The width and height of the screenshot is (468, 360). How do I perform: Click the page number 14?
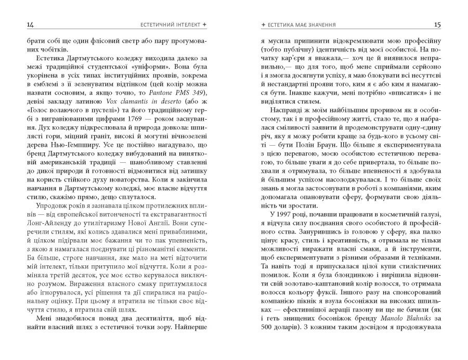tap(21, 24)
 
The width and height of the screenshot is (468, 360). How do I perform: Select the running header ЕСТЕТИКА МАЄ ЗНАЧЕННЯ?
tap(302, 24)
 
